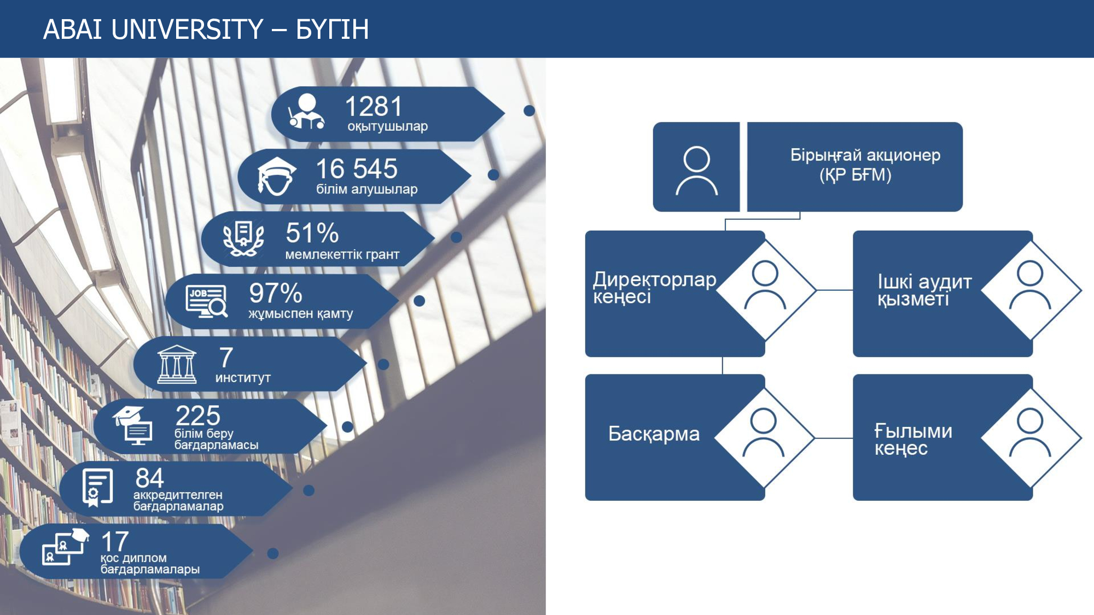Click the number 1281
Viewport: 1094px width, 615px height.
pyautogui.click(x=374, y=106)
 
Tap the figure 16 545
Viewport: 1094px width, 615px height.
pyautogui.click(x=357, y=169)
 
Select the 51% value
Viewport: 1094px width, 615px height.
pyautogui.click(x=312, y=233)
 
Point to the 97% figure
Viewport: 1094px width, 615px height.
pyautogui.click(x=276, y=293)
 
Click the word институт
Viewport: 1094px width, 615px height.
pyautogui.click(x=243, y=378)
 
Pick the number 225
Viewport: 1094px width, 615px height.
pyautogui.click(x=198, y=415)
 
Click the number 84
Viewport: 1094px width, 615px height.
pyautogui.click(x=149, y=478)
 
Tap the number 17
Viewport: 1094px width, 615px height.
pyautogui.click(x=115, y=541)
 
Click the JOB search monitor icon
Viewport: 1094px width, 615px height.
pyautogui.click(x=207, y=301)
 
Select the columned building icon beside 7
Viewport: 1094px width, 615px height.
pyautogui.click(x=176, y=364)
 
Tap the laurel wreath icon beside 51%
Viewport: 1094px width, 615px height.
pyautogui.click(x=243, y=239)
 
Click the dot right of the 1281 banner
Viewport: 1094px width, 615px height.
pyautogui.click(x=529, y=110)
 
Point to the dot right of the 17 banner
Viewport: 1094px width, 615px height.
pyautogui.click(x=273, y=553)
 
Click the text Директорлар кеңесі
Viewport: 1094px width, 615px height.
pyautogui.click(x=654, y=288)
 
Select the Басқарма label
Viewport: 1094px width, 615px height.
pyautogui.click(x=654, y=434)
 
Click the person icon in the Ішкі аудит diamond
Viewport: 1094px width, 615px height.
pyautogui.click(x=1030, y=285)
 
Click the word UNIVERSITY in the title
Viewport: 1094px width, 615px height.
pyautogui.click(x=187, y=30)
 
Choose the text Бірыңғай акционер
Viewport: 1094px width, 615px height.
pyautogui.click(x=865, y=155)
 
